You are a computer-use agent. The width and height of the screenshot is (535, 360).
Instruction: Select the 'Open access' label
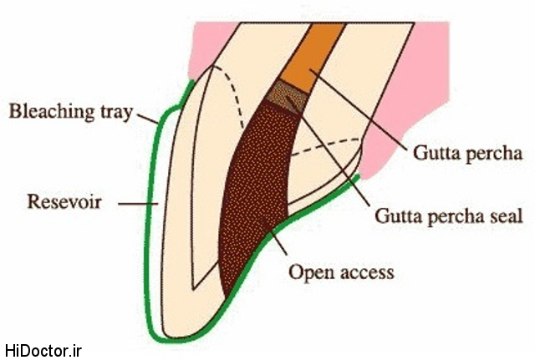(x=340, y=272)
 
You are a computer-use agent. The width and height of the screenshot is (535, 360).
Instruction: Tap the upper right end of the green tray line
(x=357, y=177)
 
